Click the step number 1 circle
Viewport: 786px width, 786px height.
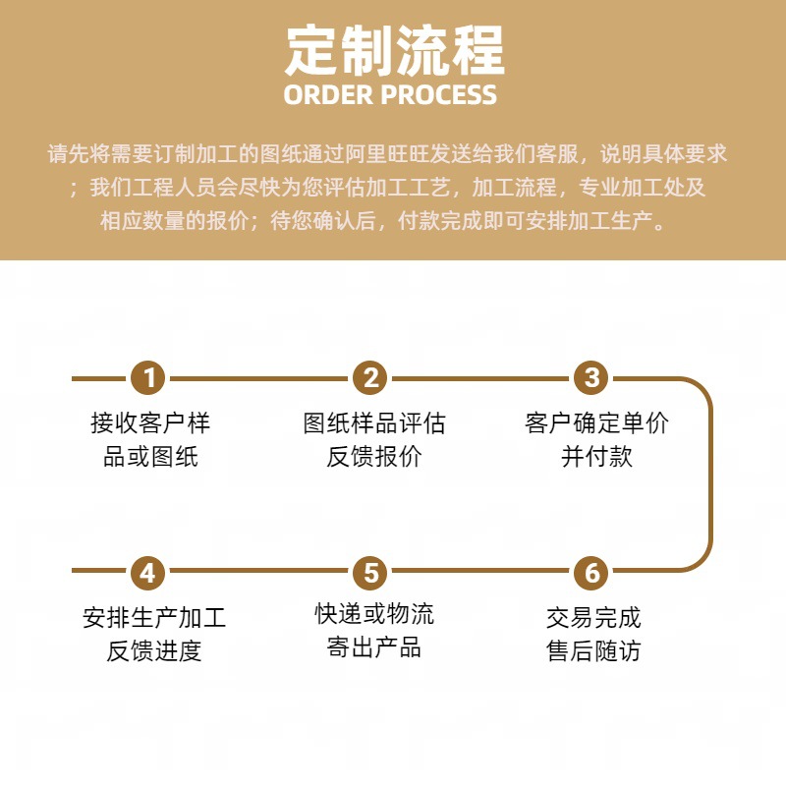(x=149, y=377)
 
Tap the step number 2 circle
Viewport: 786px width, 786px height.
(x=370, y=377)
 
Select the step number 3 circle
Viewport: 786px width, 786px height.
(x=591, y=377)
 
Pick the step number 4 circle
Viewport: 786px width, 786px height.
(x=149, y=571)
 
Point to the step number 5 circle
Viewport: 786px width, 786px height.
(x=370, y=571)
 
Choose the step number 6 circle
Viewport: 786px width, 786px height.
(x=591, y=571)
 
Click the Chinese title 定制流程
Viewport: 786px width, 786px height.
(x=393, y=50)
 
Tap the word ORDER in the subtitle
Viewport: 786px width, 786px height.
(x=329, y=95)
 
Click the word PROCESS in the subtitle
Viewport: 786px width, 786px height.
(x=439, y=95)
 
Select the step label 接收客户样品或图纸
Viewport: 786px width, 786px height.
(x=149, y=439)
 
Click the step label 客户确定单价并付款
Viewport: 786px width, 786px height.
(x=596, y=439)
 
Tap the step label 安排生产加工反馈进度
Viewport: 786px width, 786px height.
(x=154, y=634)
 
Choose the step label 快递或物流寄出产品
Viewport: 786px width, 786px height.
(x=373, y=632)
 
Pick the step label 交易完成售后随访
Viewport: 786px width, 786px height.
(x=593, y=634)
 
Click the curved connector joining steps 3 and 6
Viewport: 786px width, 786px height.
(x=709, y=474)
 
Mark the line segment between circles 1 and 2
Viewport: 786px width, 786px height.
(x=260, y=377)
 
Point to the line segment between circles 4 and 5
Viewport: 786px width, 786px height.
(x=260, y=571)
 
